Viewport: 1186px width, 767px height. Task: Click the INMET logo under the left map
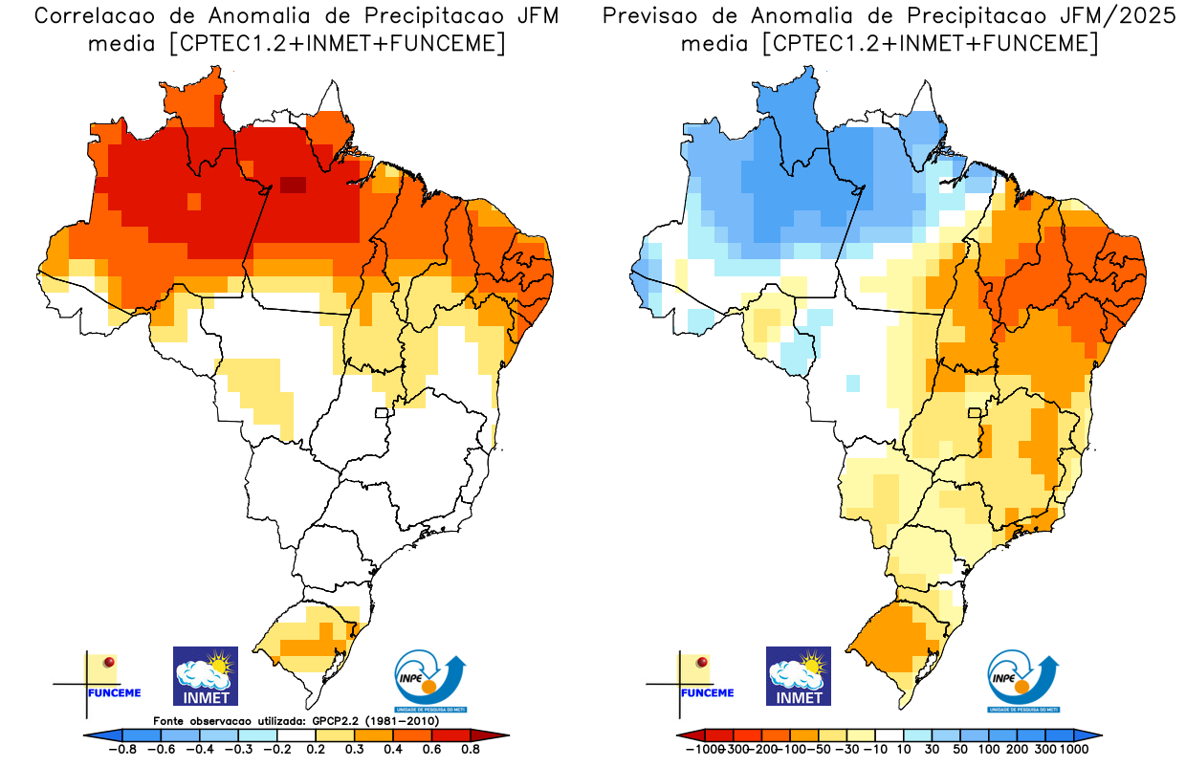(x=205, y=676)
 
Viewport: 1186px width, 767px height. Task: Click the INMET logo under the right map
(x=799, y=676)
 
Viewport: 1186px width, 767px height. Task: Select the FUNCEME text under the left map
(x=114, y=692)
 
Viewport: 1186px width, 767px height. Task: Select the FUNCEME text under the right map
(x=708, y=692)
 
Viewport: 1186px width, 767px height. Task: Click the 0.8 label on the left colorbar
(x=470, y=750)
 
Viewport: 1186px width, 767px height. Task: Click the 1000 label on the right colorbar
(x=1074, y=750)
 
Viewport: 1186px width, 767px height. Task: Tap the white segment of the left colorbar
(x=296, y=734)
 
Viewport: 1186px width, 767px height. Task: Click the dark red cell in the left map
(x=293, y=186)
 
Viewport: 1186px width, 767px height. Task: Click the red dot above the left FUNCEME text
(x=109, y=662)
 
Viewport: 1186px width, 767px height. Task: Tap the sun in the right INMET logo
(x=814, y=662)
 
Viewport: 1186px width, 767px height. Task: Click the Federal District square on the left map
(x=382, y=413)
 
